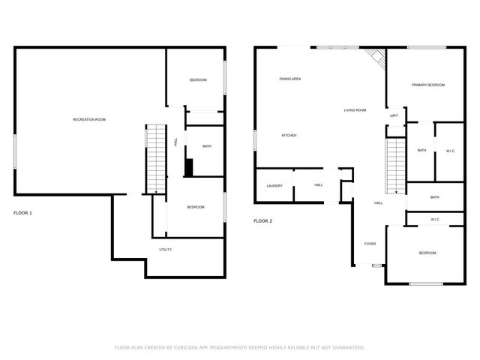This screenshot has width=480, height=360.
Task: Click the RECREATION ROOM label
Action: [88, 120]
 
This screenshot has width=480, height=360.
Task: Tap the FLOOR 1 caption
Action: [22, 213]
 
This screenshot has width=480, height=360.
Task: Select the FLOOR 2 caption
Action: [262, 221]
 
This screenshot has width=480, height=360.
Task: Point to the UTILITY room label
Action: [166, 249]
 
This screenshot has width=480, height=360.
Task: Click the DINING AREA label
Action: [290, 79]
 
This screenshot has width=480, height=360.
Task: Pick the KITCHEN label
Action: [289, 135]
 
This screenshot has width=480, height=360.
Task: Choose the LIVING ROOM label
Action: [355, 110]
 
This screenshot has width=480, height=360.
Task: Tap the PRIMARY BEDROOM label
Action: [427, 85]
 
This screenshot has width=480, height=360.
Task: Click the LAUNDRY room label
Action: [274, 185]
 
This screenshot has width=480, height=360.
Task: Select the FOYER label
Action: [370, 244]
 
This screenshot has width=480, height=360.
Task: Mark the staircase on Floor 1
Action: [154, 159]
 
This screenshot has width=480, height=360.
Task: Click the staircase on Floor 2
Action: [395, 160]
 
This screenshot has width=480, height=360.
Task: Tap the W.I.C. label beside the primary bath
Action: [451, 150]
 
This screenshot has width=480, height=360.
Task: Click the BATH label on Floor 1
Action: [206, 145]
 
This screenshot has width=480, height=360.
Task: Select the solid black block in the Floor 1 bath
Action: [189, 167]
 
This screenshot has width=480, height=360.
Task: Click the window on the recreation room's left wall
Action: [14, 152]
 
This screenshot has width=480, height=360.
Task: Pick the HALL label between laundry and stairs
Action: [319, 185]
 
